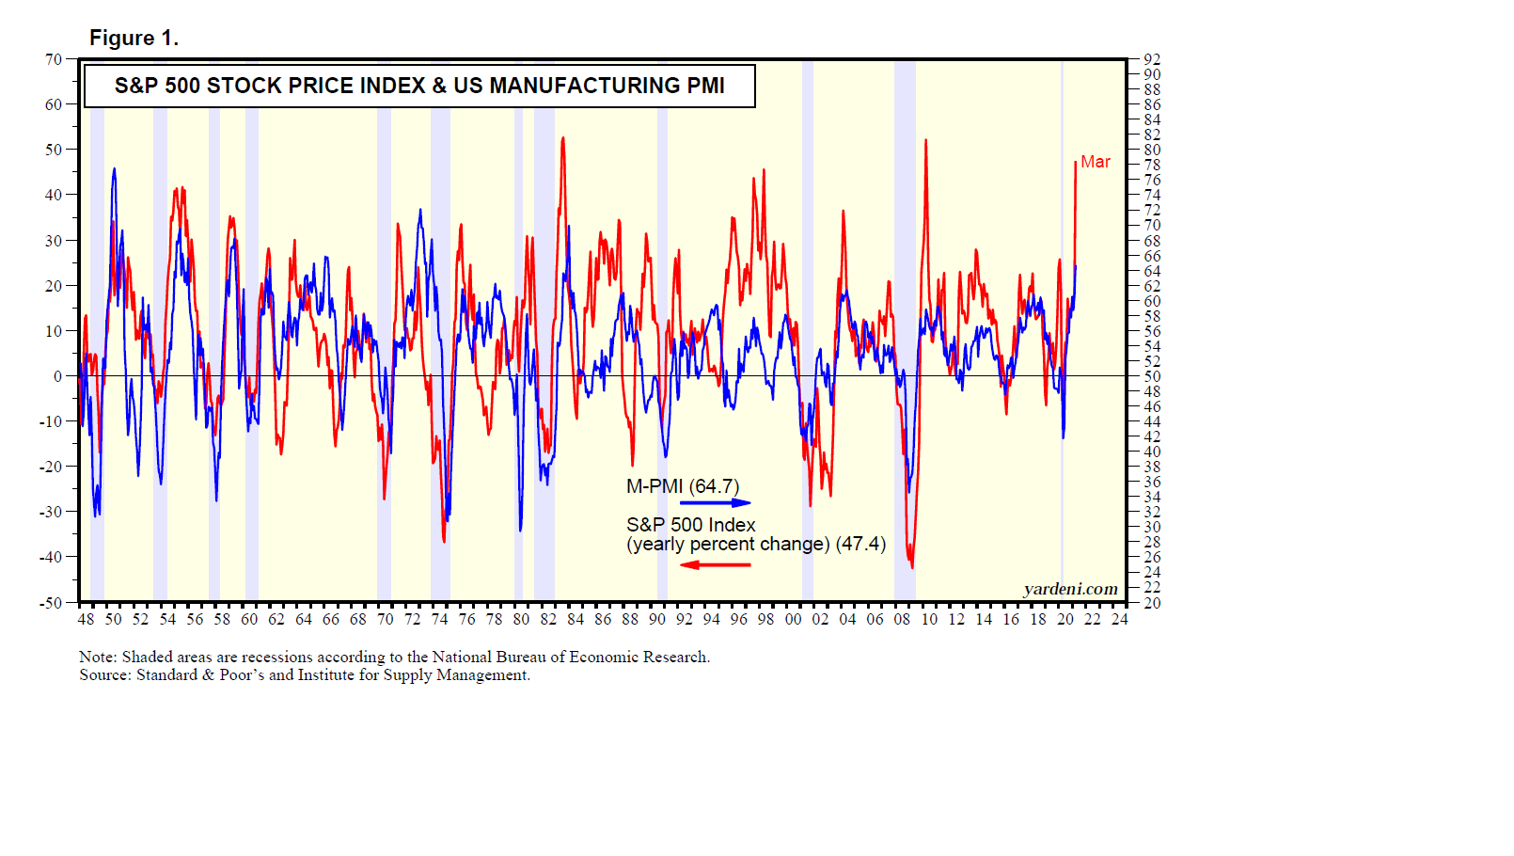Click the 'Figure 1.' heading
[x=134, y=39]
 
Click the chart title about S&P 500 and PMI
[x=419, y=86]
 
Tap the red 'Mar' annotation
[x=1096, y=162]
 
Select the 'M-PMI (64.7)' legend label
[x=683, y=486]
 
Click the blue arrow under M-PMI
[x=716, y=503]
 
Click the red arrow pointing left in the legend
[x=716, y=564]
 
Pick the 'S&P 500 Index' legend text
[x=691, y=525]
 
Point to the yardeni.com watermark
[x=1071, y=589]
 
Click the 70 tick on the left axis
[x=54, y=59]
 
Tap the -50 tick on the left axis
[x=51, y=603]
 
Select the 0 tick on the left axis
[x=58, y=376]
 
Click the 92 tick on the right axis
[x=1152, y=59]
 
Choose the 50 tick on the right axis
[x=1152, y=376]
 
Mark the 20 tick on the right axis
[x=1152, y=603]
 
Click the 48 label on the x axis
[x=87, y=619]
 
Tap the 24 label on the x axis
[x=1119, y=619]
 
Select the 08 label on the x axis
[x=902, y=619]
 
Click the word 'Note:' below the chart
[x=98, y=657]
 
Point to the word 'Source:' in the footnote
[x=105, y=674]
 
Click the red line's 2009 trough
[x=912, y=566]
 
